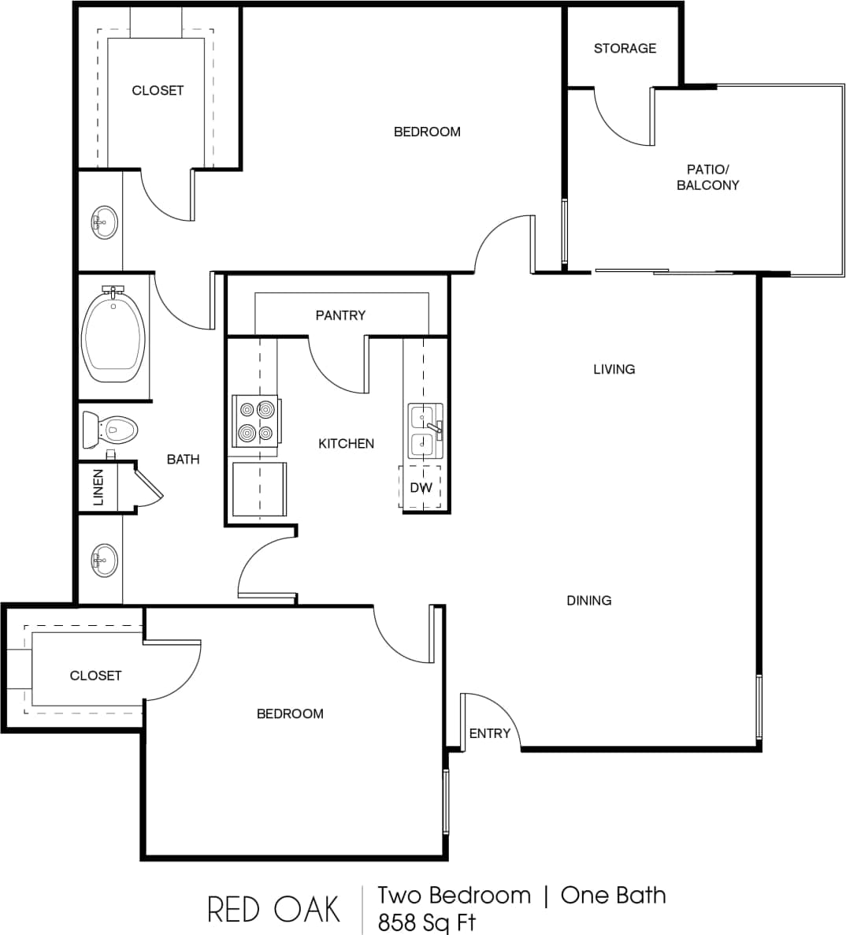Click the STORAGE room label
pos(625,49)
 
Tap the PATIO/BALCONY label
pos(707,177)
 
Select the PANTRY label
pos(340,315)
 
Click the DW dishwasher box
pos(421,488)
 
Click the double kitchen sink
pos(425,430)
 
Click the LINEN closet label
pos(98,487)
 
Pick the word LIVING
pos(614,369)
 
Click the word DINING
pos(588,601)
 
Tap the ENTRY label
pos(489,734)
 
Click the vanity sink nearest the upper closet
pos(104,222)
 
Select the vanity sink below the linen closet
pos(104,561)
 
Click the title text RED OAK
pos(273,909)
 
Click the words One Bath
pos(613,896)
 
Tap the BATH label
pos(183,460)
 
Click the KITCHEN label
pos(346,444)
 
